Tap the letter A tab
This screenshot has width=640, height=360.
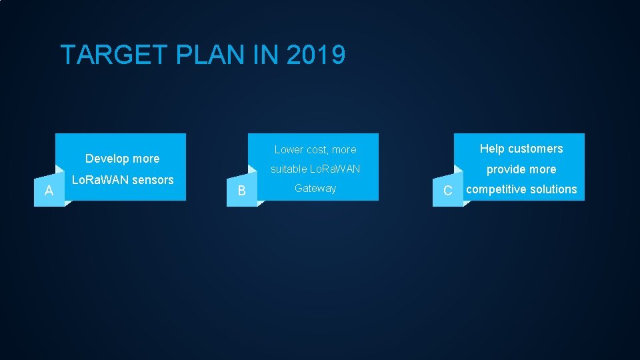coord(49,191)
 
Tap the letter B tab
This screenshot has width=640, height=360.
coord(241,191)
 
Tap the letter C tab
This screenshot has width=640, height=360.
coord(447,191)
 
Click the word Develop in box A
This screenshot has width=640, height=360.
coord(107,159)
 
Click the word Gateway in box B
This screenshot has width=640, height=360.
coord(315,188)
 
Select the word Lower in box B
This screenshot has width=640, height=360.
coord(289,150)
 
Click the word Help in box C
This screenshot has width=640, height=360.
coord(492,149)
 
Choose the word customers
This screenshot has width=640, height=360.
coord(535,149)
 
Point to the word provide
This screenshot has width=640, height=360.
coord(506,169)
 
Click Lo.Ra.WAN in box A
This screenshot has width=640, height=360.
coord(100,179)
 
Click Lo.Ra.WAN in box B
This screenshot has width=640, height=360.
coord(335,169)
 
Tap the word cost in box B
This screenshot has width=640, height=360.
coord(317,150)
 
